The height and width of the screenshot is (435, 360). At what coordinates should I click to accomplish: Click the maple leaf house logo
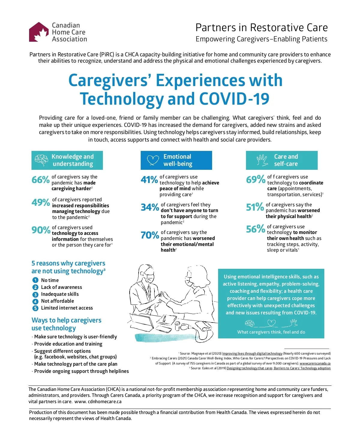click(x=39, y=32)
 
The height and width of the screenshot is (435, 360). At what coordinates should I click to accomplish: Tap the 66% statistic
click(x=40, y=180)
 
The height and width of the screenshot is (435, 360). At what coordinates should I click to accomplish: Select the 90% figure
click(x=41, y=230)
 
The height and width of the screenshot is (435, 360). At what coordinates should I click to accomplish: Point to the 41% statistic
click(x=149, y=180)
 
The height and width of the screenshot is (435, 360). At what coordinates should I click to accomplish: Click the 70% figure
click(x=150, y=235)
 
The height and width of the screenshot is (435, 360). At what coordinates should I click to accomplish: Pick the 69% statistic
click(x=256, y=180)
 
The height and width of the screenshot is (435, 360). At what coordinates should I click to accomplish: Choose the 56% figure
click(x=256, y=229)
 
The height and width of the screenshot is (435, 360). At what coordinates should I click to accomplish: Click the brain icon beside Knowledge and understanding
click(x=41, y=160)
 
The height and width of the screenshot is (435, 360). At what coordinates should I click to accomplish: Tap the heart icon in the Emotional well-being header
click(x=153, y=160)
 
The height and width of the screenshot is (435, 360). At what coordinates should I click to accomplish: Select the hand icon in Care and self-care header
click(x=262, y=160)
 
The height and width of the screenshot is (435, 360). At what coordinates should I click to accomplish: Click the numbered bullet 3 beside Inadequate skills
click(x=35, y=295)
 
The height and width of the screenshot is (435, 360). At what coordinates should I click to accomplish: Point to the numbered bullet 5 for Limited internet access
click(x=35, y=308)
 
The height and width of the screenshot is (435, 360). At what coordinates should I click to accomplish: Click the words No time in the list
click(x=50, y=280)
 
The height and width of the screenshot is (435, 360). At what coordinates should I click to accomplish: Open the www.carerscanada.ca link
click(x=315, y=363)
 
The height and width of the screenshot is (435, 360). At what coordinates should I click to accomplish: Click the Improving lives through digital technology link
click(x=252, y=353)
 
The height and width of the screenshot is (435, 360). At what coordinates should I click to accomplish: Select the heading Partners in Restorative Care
click(x=261, y=28)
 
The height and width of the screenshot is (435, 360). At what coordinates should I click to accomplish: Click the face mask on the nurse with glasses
click(x=150, y=278)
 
